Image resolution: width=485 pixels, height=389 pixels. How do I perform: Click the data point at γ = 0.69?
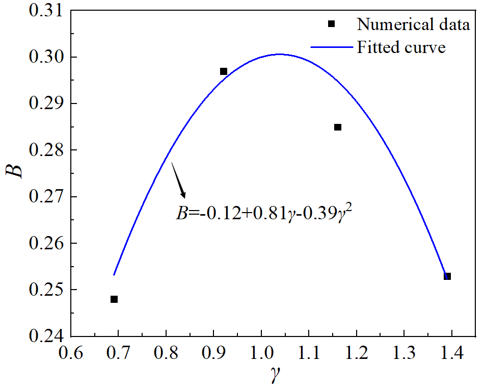pos(114,299)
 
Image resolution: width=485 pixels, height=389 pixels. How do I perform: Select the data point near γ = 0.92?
pos(224,71)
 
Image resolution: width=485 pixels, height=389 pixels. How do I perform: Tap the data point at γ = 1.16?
pos(338,127)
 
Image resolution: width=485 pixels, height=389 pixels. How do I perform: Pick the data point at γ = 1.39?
pos(447,276)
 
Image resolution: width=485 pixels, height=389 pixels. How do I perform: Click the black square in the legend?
pos(331,24)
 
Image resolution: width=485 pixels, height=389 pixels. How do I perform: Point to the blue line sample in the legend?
pos(331,47)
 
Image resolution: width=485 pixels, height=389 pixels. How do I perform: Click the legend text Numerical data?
pos(413,24)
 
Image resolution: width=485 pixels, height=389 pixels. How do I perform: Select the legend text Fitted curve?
pos(401,47)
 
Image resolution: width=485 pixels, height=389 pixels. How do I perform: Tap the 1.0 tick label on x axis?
pos(261,353)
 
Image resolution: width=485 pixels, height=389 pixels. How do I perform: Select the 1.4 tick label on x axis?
pos(451,353)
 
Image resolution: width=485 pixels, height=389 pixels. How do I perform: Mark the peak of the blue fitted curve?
pos(279,54)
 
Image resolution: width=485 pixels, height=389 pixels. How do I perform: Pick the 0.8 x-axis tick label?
pos(166,353)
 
